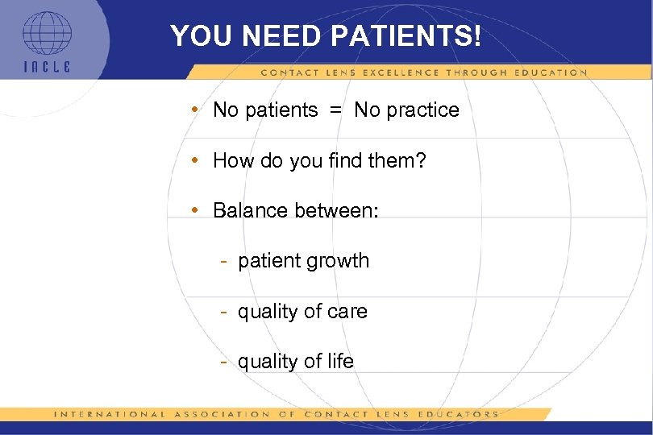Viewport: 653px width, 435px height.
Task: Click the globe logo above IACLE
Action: pyautogui.click(x=46, y=34)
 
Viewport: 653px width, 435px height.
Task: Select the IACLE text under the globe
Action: pyautogui.click(x=46, y=68)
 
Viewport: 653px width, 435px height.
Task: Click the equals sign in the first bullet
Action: pyautogui.click(x=335, y=110)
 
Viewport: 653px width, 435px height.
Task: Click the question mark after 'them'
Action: pyautogui.click(x=420, y=160)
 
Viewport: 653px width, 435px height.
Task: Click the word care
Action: pyautogui.click(x=347, y=311)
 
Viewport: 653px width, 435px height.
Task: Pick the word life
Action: pyautogui.click(x=340, y=362)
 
